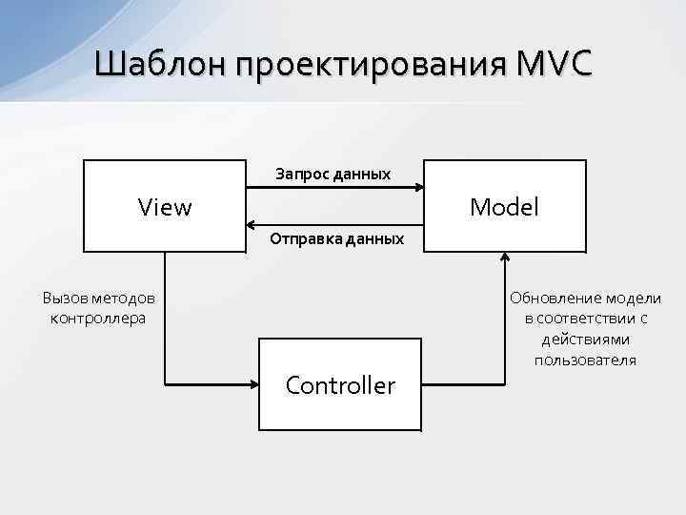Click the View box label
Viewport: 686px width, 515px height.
tap(165, 206)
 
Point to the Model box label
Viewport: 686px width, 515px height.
tap(505, 206)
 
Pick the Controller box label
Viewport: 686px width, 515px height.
tap(340, 385)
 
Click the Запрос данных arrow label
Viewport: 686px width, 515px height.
tap(333, 175)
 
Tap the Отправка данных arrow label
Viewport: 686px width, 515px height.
tap(336, 238)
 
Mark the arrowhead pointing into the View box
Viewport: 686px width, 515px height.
tap(252, 226)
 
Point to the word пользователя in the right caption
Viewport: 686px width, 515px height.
tap(585, 360)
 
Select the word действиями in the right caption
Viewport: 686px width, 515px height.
tap(585, 340)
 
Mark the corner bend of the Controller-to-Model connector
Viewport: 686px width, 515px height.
tap(505, 384)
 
